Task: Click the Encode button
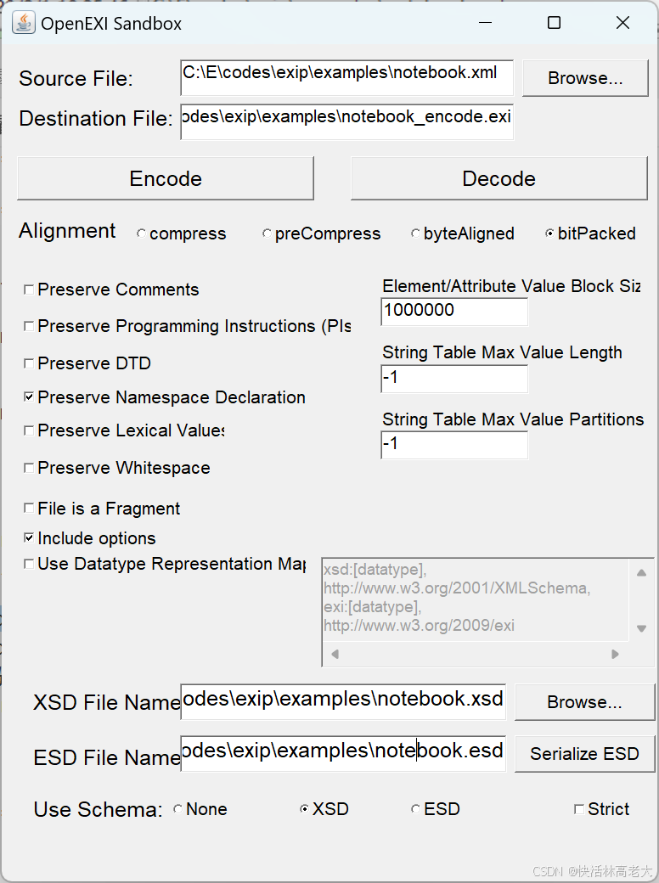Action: pyautogui.click(x=166, y=178)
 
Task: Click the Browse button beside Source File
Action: pyautogui.click(x=585, y=78)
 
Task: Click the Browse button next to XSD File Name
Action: pyautogui.click(x=584, y=702)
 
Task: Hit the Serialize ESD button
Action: pyautogui.click(x=584, y=754)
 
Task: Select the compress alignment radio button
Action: pyautogui.click(x=141, y=234)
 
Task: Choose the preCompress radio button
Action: pyautogui.click(x=267, y=234)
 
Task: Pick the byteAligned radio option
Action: pyautogui.click(x=415, y=234)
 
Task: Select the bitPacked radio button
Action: pyautogui.click(x=549, y=234)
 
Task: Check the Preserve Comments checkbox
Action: pyautogui.click(x=30, y=290)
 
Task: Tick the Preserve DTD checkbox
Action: pyautogui.click(x=30, y=364)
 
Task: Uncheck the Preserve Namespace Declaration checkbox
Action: pyautogui.click(x=30, y=397)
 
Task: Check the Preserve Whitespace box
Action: pyautogui.click(x=30, y=468)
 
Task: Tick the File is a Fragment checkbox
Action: pyautogui.click(x=30, y=509)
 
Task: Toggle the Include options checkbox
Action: pyautogui.click(x=30, y=538)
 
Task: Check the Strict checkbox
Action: pyautogui.click(x=579, y=810)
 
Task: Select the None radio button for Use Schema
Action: pyautogui.click(x=177, y=810)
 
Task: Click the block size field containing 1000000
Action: pyautogui.click(x=454, y=312)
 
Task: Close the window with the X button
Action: pyautogui.click(x=622, y=23)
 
